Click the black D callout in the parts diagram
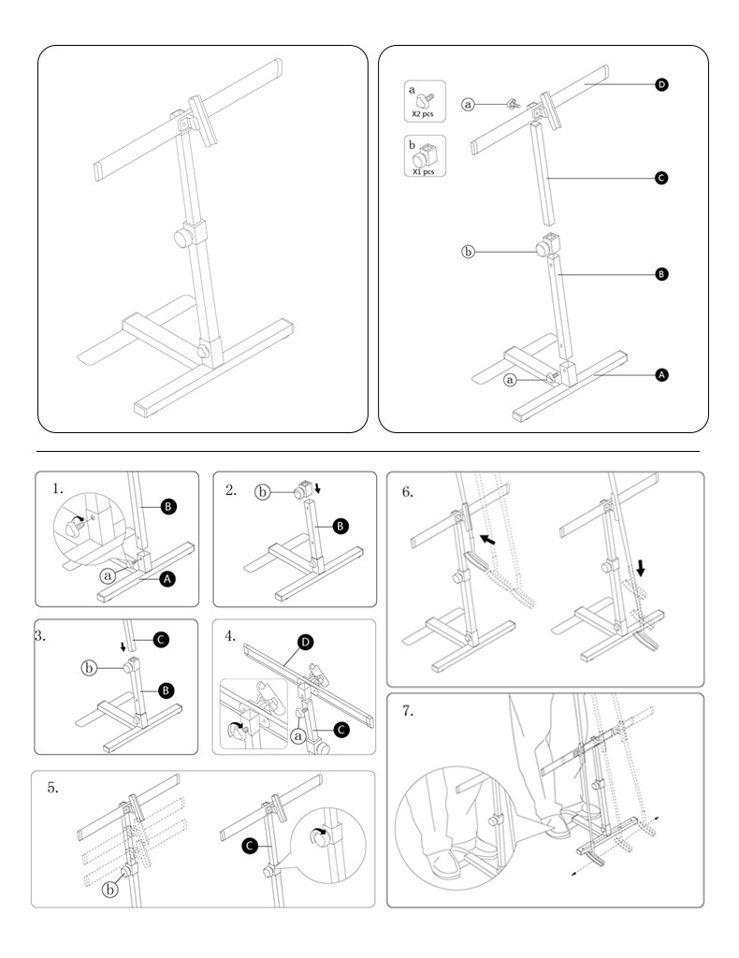click(x=662, y=85)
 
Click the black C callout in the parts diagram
click(x=662, y=178)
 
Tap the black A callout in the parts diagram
click(x=662, y=374)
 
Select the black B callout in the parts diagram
click(x=662, y=274)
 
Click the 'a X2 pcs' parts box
click(x=424, y=101)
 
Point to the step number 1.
click(x=58, y=488)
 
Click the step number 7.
click(x=408, y=711)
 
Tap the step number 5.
click(x=53, y=788)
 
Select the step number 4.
click(x=230, y=635)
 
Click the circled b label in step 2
click(x=264, y=490)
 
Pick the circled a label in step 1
click(x=108, y=576)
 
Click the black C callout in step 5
click(x=250, y=847)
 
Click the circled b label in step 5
click(x=110, y=890)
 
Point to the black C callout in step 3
click(x=161, y=640)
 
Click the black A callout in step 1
click(x=167, y=580)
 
